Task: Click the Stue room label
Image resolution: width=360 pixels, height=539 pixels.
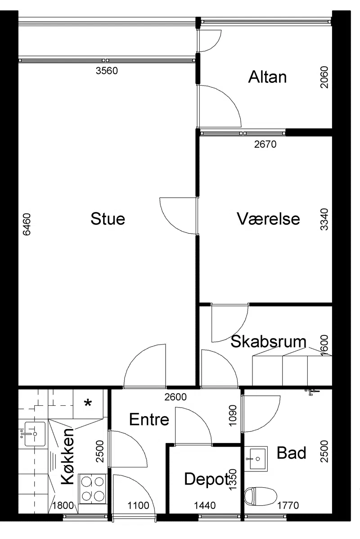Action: tap(108, 219)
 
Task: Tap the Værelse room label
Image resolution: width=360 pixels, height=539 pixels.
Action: tap(268, 219)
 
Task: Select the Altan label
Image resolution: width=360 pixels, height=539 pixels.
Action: tap(268, 77)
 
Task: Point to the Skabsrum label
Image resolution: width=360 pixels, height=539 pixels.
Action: tap(268, 341)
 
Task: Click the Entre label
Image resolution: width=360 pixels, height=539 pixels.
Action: tap(149, 419)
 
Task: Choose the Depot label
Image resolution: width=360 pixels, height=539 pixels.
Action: tap(207, 479)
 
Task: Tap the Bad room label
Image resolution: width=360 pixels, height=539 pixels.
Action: tap(291, 453)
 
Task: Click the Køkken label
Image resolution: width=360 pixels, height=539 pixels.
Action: tap(67, 456)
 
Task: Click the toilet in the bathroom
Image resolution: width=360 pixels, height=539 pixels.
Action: tap(261, 496)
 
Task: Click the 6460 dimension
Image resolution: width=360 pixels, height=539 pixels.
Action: tap(27, 224)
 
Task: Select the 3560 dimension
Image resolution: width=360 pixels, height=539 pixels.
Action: tap(107, 71)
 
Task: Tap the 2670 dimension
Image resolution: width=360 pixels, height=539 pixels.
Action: tap(265, 144)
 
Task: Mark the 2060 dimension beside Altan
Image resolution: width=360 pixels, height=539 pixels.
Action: tap(324, 77)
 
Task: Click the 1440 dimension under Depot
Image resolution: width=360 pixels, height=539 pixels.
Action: tap(205, 505)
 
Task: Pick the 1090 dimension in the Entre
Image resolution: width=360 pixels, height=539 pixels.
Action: tap(233, 416)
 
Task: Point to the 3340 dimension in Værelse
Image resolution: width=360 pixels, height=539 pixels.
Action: tap(324, 219)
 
